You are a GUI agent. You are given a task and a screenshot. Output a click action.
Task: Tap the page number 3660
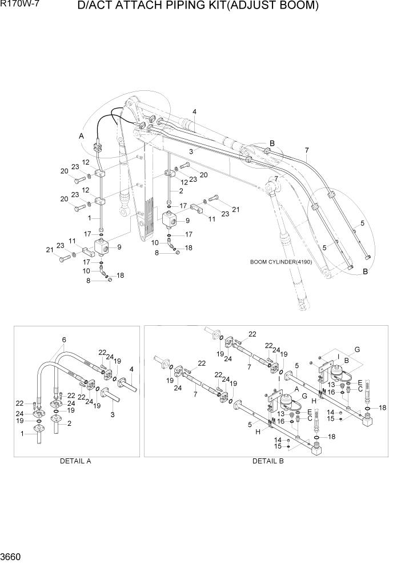tap(13, 556)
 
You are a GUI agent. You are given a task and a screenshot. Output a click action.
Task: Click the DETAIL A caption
tap(75, 461)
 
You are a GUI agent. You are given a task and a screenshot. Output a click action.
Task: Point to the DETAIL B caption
tap(268, 461)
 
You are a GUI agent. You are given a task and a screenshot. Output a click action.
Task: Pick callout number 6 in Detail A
tap(63, 340)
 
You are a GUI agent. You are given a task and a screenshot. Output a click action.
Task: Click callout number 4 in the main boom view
tap(194, 111)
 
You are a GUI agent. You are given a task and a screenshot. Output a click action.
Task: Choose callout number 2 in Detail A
tap(70, 424)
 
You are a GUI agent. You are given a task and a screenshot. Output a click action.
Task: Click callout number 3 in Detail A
tap(112, 415)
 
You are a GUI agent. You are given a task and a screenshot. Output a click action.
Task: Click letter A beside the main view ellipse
tap(81, 136)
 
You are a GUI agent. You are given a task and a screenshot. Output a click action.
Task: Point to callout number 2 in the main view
tap(181, 190)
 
